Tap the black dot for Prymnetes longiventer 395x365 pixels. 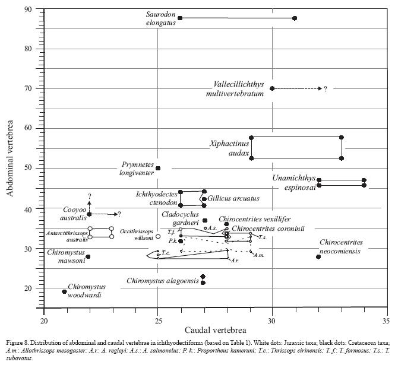(x=158, y=168)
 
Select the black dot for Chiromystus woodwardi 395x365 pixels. (x=65, y=291)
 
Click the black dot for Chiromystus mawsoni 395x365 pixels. (x=89, y=257)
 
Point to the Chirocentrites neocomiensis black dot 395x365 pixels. (x=318, y=257)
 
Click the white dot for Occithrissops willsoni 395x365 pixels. (x=158, y=237)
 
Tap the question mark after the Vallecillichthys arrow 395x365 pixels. (x=326, y=89)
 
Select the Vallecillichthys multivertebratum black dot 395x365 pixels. (x=272, y=88)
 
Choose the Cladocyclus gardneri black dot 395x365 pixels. (x=205, y=221)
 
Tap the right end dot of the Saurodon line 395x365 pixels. (x=295, y=18)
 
